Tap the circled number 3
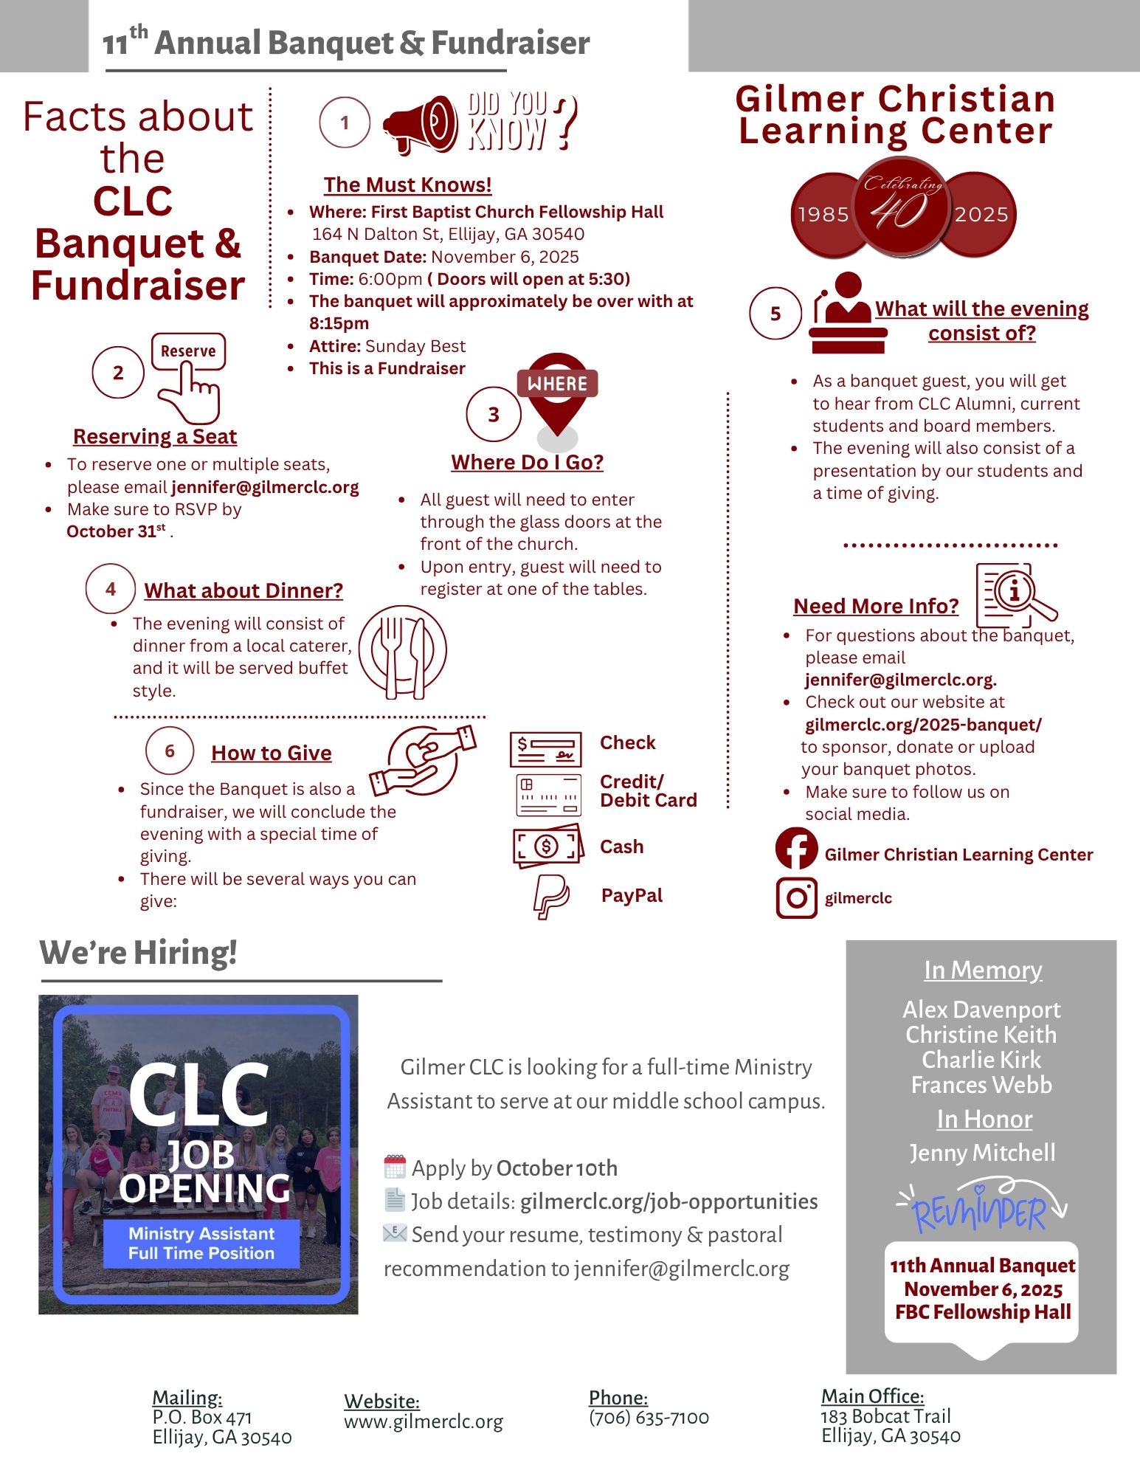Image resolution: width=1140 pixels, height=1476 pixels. (494, 414)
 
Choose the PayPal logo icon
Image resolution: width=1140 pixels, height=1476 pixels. (550, 896)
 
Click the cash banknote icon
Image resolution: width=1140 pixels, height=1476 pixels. (547, 846)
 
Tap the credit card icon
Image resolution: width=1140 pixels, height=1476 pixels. (548, 794)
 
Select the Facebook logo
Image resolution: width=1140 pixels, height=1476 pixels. (796, 849)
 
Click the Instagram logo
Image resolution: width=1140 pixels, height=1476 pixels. (796, 897)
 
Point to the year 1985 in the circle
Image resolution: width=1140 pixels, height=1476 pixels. (823, 215)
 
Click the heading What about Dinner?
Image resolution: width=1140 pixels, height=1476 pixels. (243, 590)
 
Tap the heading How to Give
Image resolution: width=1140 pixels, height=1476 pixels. (272, 753)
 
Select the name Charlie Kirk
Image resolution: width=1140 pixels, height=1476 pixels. (981, 1060)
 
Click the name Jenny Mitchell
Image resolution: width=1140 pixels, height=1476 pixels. (982, 1153)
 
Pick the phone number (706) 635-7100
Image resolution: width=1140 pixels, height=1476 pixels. (649, 1418)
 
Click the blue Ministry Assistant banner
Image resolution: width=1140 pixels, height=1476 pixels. (201, 1244)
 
